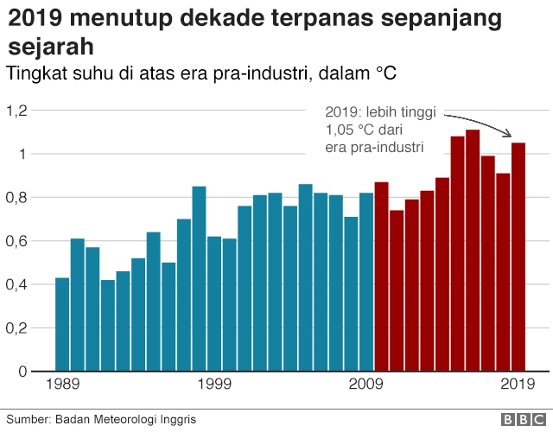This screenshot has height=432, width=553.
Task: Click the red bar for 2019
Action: tap(518, 257)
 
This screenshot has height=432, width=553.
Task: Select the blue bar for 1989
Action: tap(62, 324)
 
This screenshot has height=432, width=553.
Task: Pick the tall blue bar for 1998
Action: tap(199, 278)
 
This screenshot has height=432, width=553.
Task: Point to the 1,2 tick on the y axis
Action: tap(17, 111)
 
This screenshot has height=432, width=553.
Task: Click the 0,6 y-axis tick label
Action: tap(17, 241)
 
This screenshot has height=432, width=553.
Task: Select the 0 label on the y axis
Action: tap(23, 372)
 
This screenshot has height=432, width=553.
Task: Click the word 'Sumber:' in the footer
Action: tap(29, 419)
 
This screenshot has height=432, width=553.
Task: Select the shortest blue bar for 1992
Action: tap(108, 326)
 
